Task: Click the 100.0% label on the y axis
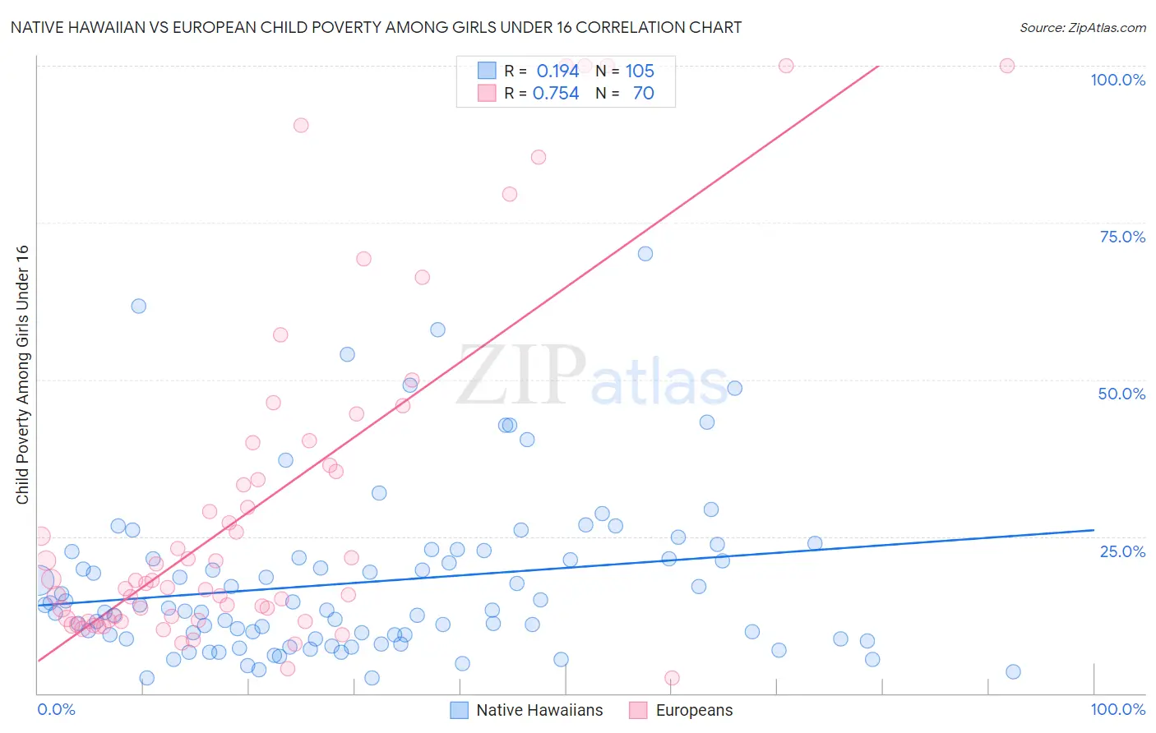(x=1117, y=80)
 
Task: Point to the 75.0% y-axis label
(x=1122, y=237)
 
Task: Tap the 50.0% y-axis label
(x=1121, y=394)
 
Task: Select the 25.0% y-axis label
(x=1122, y=551)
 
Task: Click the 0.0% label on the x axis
(x=56, y=709)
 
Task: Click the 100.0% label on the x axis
(x=1117, y=709)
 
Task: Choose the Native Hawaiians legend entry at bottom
(x=527, y=710)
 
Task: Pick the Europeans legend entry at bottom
(x=681, y=710)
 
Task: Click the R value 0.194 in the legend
(x=557, y=71)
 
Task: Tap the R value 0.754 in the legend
(x=556, y=94)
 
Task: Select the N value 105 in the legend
(x=640, y=71)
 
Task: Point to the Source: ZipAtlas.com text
(x=1082, y=27)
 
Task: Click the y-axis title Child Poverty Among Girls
(x=22, y=374)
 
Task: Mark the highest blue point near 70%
(x=645, y=254)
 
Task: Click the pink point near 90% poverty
(x=301, y=126)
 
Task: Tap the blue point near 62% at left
(x=139, y=306)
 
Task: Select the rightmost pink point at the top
(x=1007, y=66)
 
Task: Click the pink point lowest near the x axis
(x=672, y=678)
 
